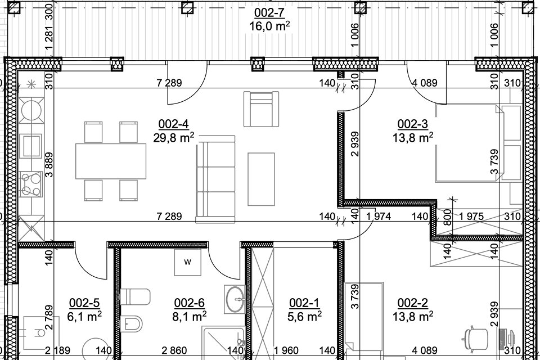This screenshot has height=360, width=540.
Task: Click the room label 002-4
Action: [x=173, y=124]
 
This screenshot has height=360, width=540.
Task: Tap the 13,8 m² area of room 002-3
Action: [x=412, y=137]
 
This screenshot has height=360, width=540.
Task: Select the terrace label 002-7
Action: [x=269, y=13]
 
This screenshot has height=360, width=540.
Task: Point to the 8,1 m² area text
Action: [x=189, y=316]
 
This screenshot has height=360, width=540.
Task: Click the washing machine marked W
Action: [x=187, y=262]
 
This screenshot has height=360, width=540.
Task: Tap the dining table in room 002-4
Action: [x=111, y=161]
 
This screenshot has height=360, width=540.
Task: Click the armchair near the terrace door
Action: [x=261, y=109]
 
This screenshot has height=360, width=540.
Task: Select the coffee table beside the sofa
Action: [x=261, y=179]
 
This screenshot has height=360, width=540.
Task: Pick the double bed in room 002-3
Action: [x=478, y=143]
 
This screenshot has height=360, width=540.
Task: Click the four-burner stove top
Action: [x=31, y=184]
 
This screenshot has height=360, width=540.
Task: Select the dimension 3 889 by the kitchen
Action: [x=49, y=165]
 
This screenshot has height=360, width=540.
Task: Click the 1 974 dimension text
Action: [x=379, y=217]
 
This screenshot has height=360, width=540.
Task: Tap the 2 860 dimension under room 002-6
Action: [x=174, y=350]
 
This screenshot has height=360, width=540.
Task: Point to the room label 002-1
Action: [x=304, y=303]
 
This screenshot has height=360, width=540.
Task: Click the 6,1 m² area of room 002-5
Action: [x=84, y=316]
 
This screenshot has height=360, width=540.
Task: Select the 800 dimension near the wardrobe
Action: [x=447, y=217]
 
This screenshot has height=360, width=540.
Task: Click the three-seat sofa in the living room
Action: [x=215, y=179]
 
